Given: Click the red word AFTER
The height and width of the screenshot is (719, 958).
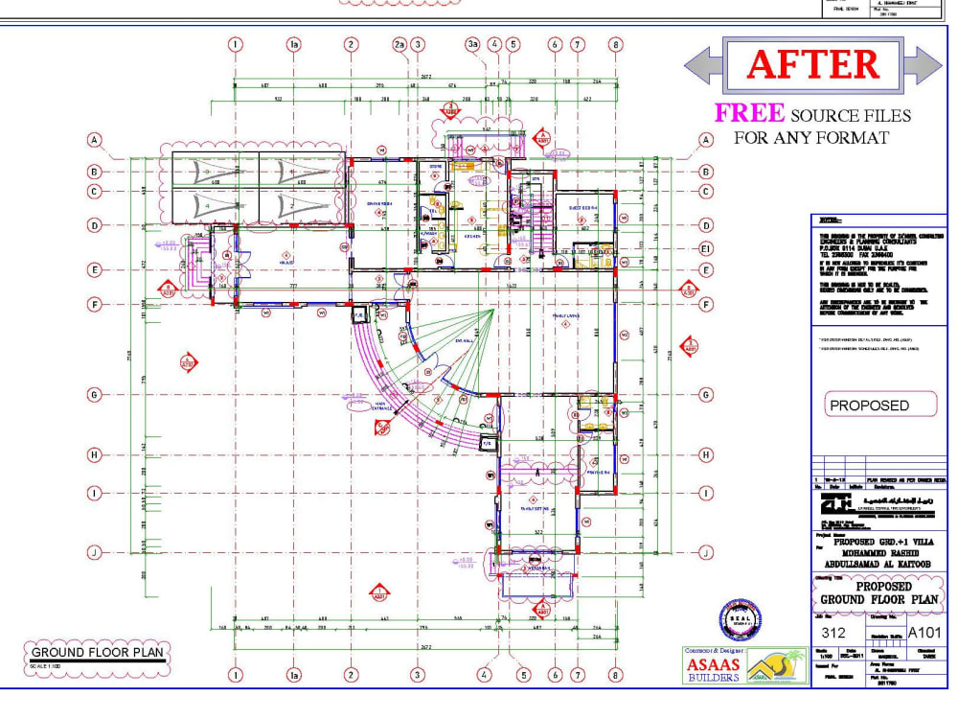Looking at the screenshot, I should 812,64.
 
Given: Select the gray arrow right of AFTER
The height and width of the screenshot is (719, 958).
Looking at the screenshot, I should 924,64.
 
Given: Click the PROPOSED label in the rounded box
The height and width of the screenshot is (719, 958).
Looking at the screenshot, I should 870,406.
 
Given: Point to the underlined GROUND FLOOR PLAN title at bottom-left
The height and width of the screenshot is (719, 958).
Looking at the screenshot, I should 93,654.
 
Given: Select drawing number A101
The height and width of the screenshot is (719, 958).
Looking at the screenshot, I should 924,633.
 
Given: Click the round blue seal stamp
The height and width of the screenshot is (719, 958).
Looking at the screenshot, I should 741,620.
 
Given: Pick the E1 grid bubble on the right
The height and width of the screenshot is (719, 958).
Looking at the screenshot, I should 706,249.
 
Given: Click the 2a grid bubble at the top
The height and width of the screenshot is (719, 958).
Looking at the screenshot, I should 400,44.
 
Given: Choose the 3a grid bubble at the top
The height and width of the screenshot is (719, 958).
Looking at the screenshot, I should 472,44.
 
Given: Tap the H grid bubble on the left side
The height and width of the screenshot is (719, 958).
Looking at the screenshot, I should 95,453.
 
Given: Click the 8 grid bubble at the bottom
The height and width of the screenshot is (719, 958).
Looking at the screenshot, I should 615,675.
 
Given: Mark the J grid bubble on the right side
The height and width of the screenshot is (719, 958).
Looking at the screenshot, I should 706,551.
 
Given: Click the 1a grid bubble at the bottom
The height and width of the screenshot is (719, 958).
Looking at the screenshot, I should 294,675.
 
